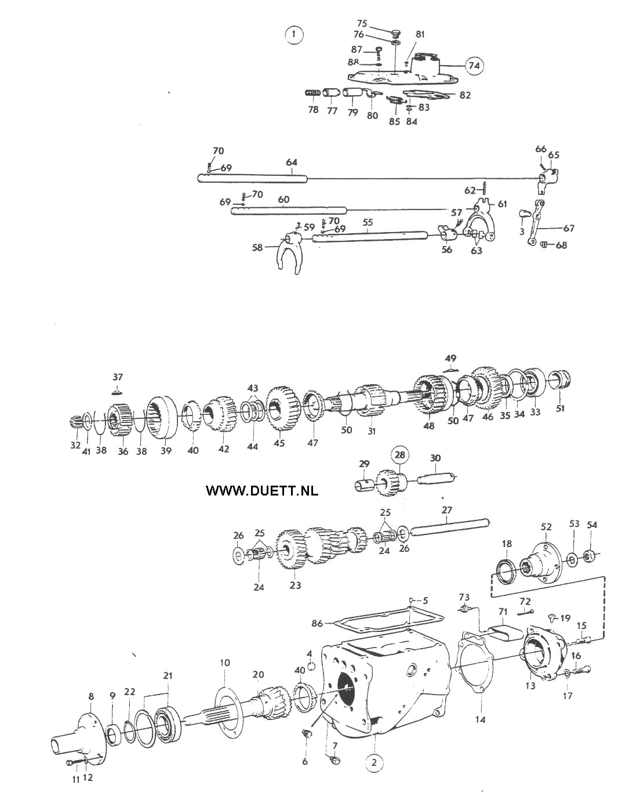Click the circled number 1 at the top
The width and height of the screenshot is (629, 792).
(293, 35)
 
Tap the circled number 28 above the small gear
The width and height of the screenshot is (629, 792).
(399, 455)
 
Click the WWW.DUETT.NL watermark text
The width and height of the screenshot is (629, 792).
(262, 490)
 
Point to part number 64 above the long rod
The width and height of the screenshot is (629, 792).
(292, 162)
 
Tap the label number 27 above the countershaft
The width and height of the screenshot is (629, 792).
(446, 510)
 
